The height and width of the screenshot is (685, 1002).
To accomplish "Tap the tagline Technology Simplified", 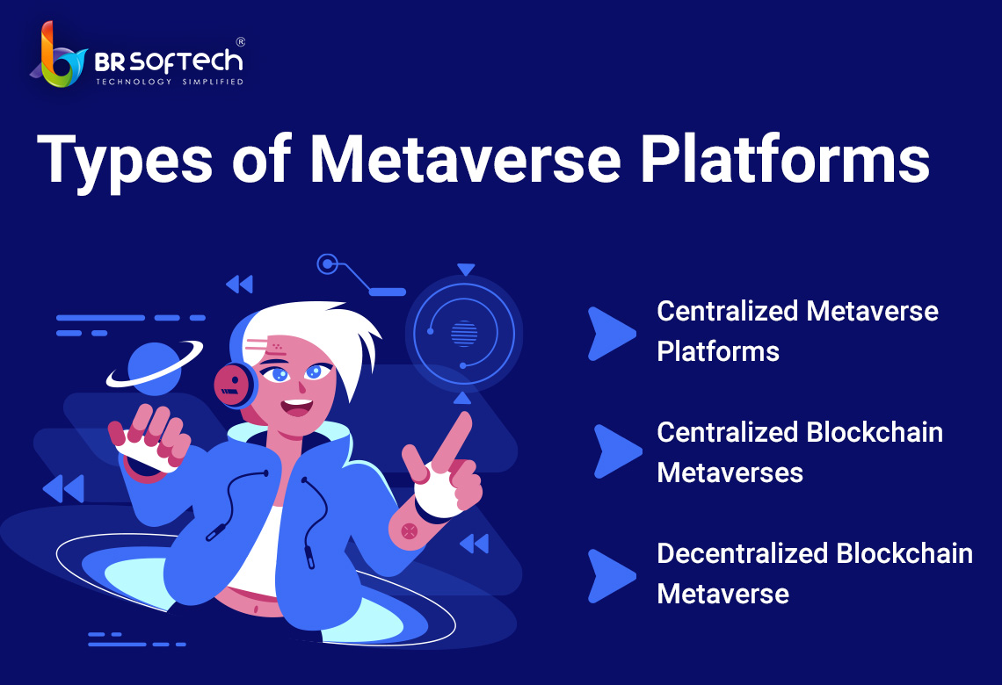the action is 170,82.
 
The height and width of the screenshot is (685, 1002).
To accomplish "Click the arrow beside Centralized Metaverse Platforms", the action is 610,334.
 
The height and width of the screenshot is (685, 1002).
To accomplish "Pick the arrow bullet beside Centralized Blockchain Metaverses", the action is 617,451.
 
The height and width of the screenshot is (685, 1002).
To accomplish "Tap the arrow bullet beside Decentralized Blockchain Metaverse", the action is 610,576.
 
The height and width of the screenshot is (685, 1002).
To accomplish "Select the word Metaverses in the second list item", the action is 730,473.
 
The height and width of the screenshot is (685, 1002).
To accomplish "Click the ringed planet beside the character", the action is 154,366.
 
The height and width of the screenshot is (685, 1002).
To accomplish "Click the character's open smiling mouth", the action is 297,406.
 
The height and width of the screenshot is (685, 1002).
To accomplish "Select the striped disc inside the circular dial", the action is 464,333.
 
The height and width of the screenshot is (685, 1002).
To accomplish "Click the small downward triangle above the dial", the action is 466,270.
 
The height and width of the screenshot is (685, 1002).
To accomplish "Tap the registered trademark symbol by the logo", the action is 240,42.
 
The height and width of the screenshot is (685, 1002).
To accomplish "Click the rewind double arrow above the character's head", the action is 240,284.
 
